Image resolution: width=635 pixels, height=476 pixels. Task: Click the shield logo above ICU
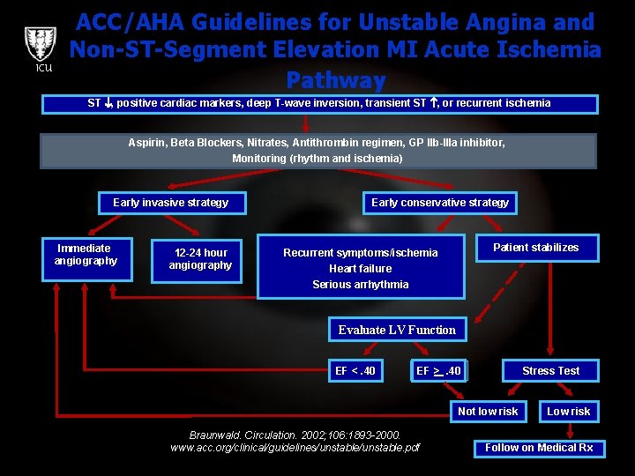(x=39, y=44)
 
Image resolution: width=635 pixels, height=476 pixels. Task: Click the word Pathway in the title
(x=336, y=80)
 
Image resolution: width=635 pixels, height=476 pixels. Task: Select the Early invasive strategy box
(x=170, y=203)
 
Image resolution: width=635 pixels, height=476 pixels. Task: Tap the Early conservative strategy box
(x=439, y=203)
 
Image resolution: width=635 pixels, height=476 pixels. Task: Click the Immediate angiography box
(x=86, y=254)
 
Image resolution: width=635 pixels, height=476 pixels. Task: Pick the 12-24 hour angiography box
(x=199, y=259)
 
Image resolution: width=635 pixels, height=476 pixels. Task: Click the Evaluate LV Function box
(x=397, y=331)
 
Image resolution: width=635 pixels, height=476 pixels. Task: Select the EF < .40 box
(x=355, y=371)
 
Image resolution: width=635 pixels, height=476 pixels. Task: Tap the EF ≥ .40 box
(x=438, y=371)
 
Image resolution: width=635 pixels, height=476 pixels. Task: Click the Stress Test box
(x=550, y=371)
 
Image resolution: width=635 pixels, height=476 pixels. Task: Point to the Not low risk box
(x=488, y=412)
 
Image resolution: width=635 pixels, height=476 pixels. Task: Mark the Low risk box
(x=569, y=412)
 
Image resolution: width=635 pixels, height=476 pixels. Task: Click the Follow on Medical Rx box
(x=539, y=448)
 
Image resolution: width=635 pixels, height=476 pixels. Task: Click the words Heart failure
(x=360, y=269)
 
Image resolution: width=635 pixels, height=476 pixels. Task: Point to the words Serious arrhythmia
(x=360, y=285)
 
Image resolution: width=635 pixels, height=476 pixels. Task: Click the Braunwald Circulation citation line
(x=295, y=435)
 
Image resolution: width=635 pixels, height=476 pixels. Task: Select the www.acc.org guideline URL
(x=295, y=448)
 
